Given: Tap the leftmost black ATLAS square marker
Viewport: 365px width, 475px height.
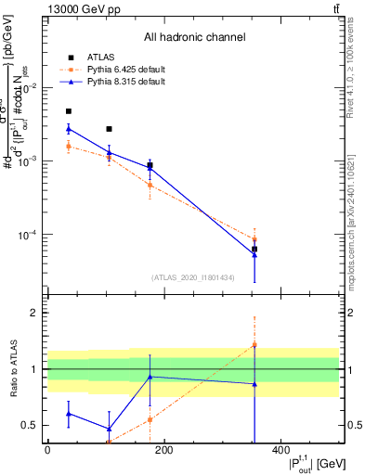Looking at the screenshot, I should click(x=69, y=111).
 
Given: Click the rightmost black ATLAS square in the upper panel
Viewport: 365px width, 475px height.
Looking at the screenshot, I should click(x=254, y=249).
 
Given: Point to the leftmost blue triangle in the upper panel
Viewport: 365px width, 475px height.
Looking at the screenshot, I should click(x=69, y=129).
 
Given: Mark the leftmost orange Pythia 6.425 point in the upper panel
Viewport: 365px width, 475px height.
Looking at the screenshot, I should click(x=69, y=147).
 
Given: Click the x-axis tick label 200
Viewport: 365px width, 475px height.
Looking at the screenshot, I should click(x=163, y=450).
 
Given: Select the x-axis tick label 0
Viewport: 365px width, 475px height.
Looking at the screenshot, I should click(x=47, y=450).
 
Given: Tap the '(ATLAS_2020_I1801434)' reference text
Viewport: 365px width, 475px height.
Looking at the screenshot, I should click(x=193, y=276).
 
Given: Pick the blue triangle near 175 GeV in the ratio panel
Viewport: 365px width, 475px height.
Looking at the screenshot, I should click(x=150, y=377).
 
